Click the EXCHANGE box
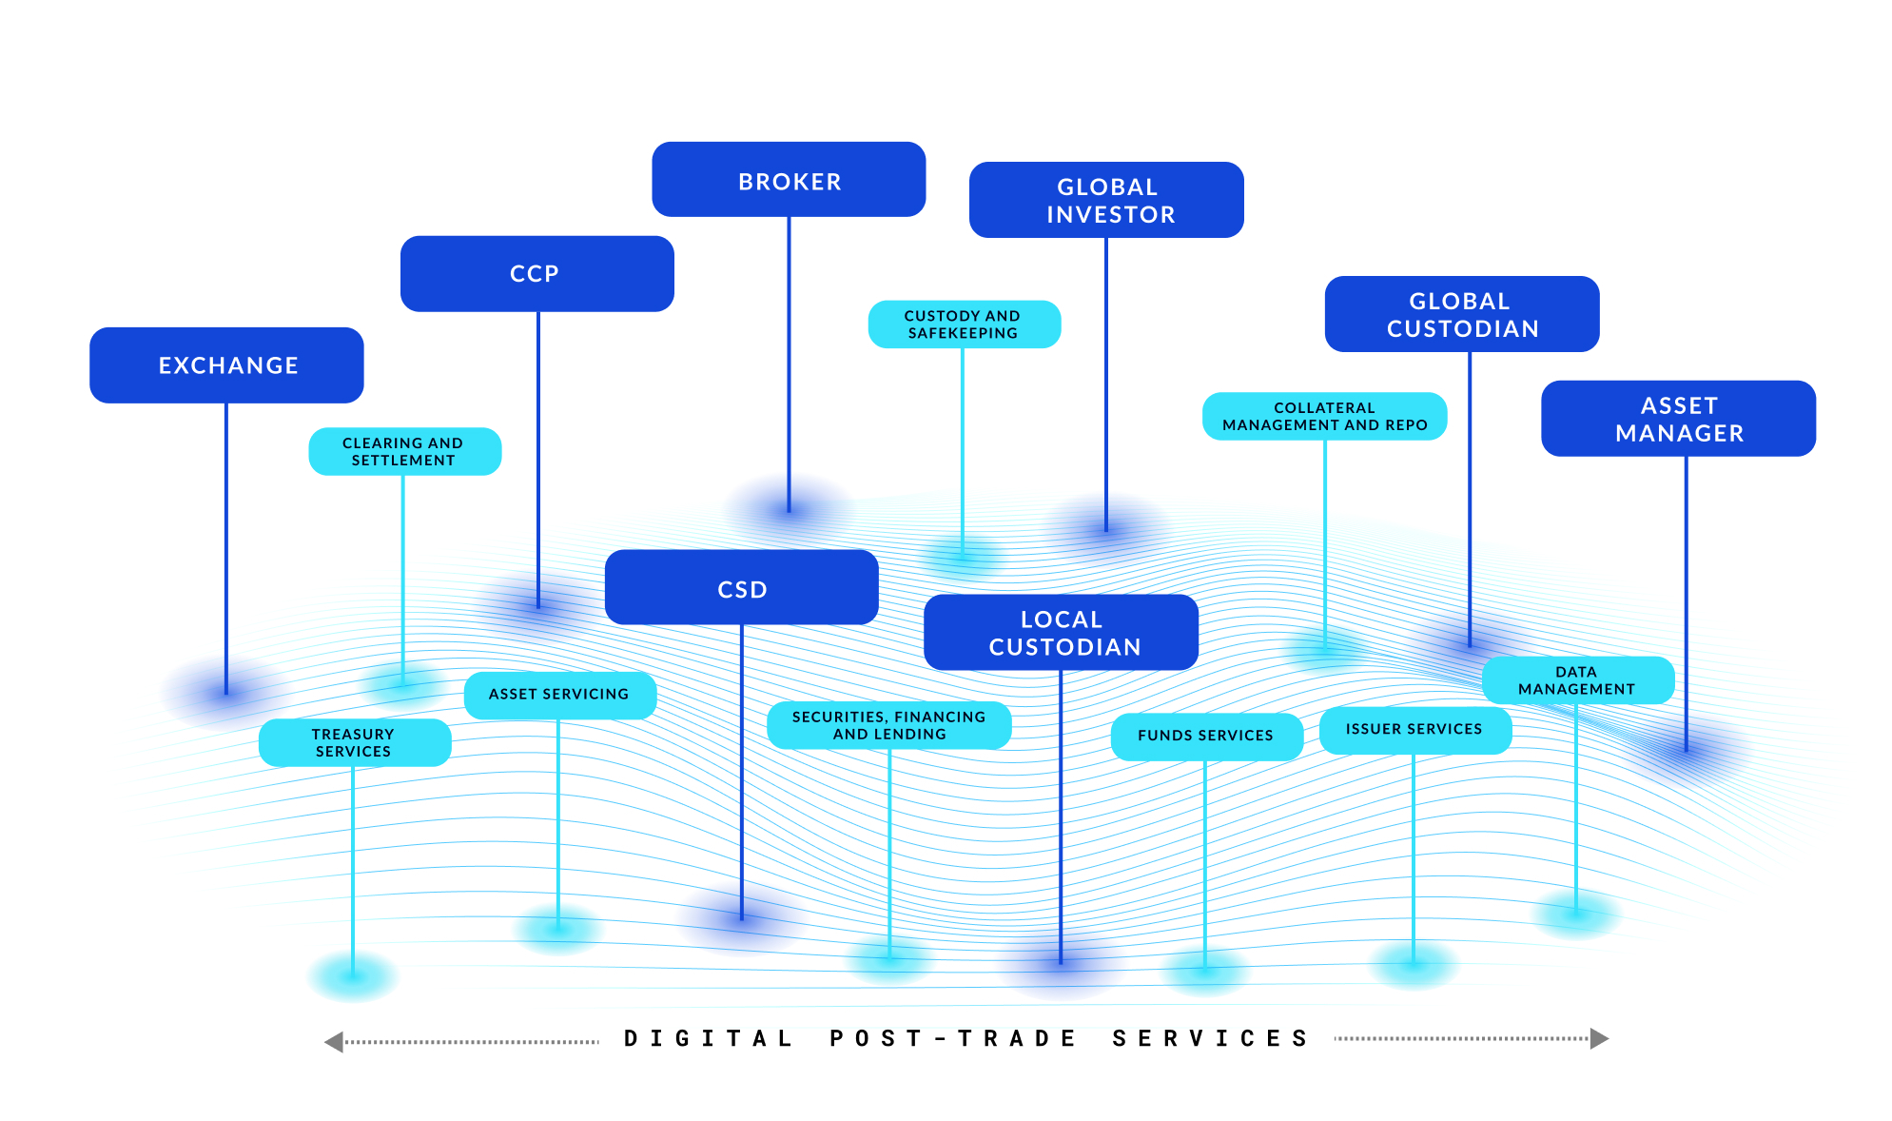pos(226,365)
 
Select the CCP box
pos(536,274)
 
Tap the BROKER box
pos(789,181)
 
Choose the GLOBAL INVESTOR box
pos(1106,201)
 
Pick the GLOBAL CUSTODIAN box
pos(1462,315)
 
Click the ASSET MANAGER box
pos(1679,420)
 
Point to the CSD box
pos(741,589)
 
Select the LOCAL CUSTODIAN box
pos(1062,633)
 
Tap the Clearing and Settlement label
pos(404,452)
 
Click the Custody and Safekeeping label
pos(964,324)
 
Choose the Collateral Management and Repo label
pos(1324,417)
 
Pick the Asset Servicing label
pos(559,695)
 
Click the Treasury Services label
pos(354,743)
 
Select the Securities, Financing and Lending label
pos(888,726)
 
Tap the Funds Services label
pos(1205,736)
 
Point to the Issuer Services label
pos(1414,730)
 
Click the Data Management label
pos(1576,680)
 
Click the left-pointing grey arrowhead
pos(334,1042)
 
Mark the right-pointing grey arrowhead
pos(1599,1038)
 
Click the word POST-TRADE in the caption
pos(952,1038)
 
